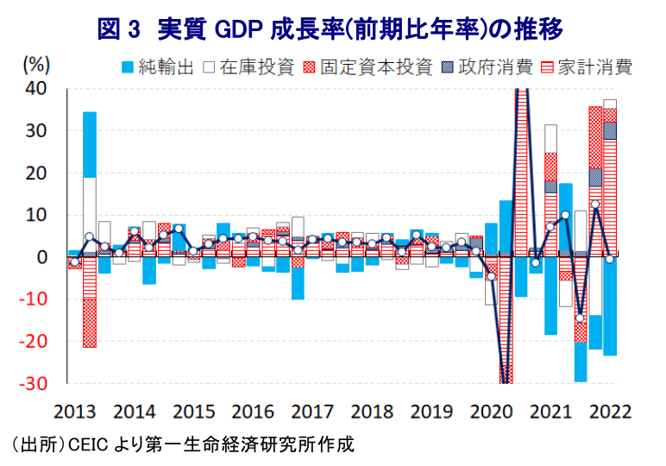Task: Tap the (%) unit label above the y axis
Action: pos(36,65)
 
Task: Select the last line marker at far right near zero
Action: pos(610,259)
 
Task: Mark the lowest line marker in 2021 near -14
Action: pos(581,318)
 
